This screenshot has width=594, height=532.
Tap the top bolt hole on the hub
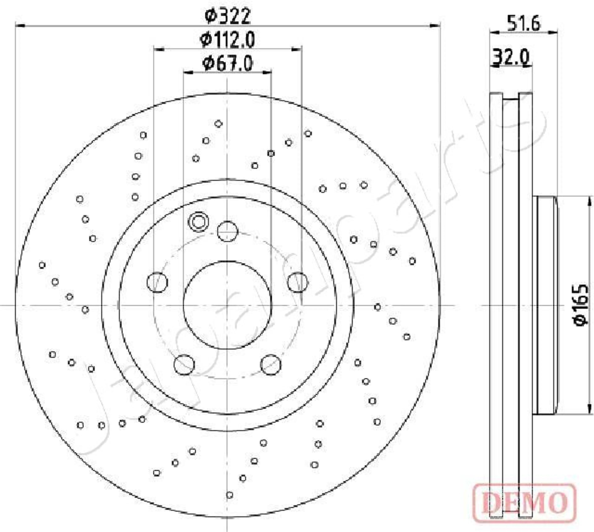click(x=228, y=232)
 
